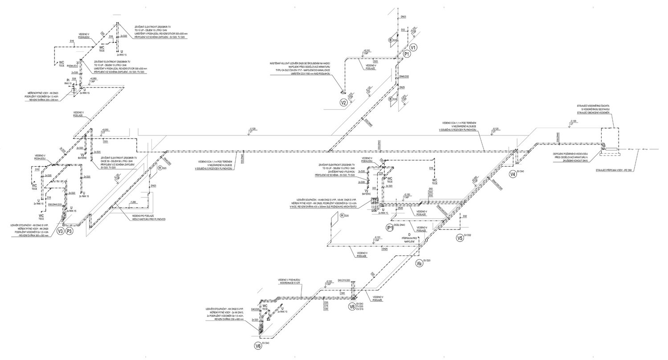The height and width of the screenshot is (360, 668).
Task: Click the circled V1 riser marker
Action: [413, 47]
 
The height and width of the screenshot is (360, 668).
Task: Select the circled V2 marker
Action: [343, 103]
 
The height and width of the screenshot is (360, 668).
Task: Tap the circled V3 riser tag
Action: [61, 231]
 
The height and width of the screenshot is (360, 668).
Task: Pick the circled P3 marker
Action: [69, 231]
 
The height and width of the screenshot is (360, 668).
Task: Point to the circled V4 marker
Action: [513, 174]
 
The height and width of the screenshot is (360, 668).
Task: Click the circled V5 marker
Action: [460, 238]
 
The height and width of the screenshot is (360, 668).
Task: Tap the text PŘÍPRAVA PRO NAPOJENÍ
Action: [408, 239]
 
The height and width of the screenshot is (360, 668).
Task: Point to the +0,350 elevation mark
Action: [367, 51]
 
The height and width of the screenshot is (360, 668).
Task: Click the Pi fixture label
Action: [68, 80]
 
